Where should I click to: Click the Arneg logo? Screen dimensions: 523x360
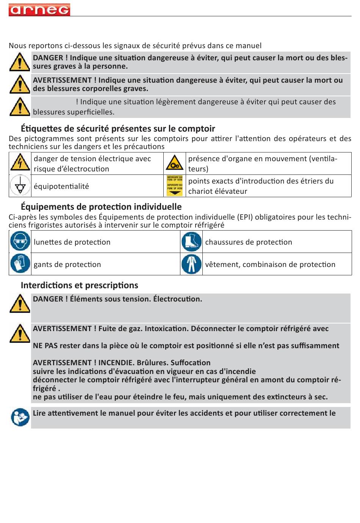click(x=39, y=9)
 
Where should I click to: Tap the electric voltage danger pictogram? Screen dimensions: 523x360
click(x=20, y=163)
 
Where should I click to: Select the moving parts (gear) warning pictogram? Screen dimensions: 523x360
click(x=174, y=163)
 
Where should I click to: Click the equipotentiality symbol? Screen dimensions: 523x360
click(x=20, y=186)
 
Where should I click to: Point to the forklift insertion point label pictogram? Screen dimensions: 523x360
click(x=174, y=185)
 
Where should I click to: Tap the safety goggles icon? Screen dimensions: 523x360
click(x=20, y=242)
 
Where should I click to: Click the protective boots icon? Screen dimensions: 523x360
click(x=191, y=242)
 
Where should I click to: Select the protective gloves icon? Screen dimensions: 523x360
click(x=20, y=264)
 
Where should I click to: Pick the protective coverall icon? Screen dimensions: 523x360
click(x=191, y=264)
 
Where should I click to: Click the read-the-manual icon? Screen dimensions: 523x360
click(x=20, y=417)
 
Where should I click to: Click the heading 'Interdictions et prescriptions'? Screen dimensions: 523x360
click(x=79, y=285)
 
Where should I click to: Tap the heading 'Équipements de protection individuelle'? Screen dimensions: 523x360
click(x=101, y=207)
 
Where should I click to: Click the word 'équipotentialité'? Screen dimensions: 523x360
click(x=61, y=186)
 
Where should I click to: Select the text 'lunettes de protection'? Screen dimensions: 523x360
click(x=72, y=242)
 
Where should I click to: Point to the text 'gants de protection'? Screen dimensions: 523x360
click(x=67, y=264)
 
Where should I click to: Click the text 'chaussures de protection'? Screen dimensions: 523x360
click(x=249, y=242)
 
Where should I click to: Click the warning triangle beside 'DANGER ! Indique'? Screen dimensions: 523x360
click(x=20, y=62)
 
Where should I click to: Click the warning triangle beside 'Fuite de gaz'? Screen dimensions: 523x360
click(x=20, y=333)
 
